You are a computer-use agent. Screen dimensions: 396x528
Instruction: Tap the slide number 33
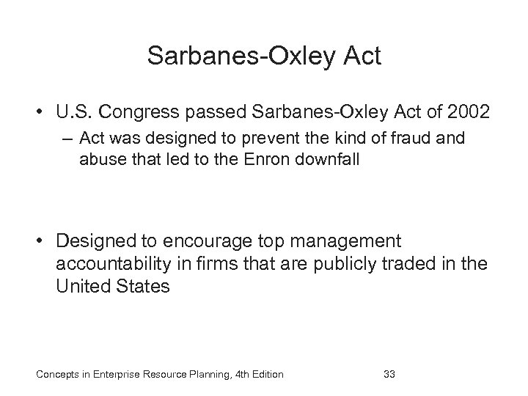[x=389, y=375]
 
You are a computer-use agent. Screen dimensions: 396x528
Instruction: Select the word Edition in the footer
[x=264, y=375]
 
